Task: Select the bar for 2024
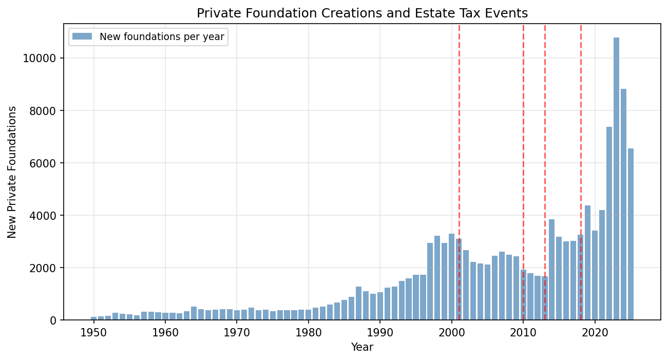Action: coord(623,205)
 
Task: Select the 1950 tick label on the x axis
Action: coord(93,332)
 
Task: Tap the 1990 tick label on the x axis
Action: coord(380,332)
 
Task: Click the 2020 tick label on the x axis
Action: coord(595,332)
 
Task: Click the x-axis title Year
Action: coord(362,347)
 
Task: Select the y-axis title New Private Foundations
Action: coord(12,172)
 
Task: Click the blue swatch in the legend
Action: coord(82,36)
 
